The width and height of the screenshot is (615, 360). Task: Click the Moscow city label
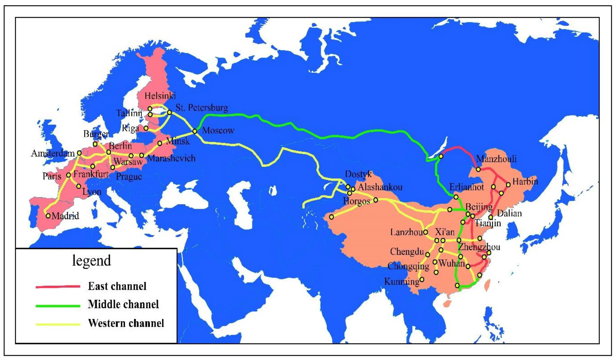click(218, 131)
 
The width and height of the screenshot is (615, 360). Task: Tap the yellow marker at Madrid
click(48, 216)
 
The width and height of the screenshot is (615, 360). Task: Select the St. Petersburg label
click(202, 108)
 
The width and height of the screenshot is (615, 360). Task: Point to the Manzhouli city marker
click(478, 169)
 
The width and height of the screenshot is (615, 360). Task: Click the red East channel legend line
click(58, 286)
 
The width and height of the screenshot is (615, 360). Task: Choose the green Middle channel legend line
click(58, 306)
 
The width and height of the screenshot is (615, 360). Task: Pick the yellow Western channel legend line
click(58, 324)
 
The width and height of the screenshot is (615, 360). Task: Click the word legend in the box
click(92, 261)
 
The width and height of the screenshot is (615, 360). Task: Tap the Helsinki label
click(160, 96)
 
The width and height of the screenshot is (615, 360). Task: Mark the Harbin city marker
click(508, 184)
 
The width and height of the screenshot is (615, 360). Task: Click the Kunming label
click(402, 282)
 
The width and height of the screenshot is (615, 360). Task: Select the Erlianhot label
click(466, 187)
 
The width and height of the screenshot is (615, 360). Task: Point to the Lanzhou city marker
click(425, 232)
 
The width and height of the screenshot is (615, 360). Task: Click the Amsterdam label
click(53, 153)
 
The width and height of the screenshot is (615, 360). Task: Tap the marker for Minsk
click(160, 143)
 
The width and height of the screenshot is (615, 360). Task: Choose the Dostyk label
click(358, 174)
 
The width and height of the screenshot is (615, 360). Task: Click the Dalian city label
click(509, 213)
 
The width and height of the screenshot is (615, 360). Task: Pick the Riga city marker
click(146, 128)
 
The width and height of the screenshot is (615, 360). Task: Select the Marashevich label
click(172, 158)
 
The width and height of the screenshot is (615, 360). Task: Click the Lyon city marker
click(79, 186)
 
